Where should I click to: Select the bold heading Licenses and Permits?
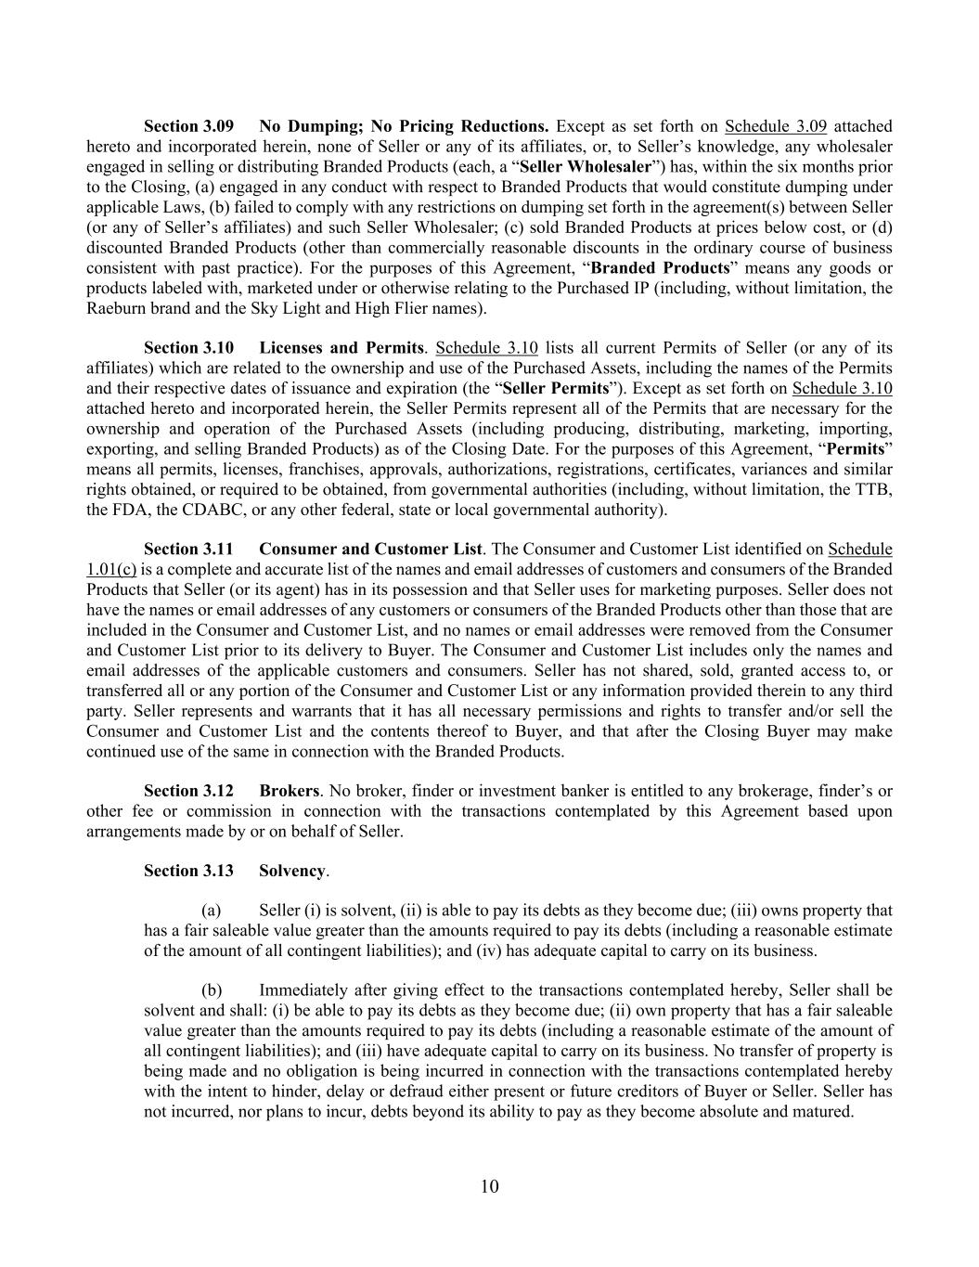(x=341, y=348)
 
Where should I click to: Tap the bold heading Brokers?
(x=289, y=791)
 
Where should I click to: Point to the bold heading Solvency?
(x=292, y=871)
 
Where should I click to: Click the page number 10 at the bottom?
(x=490, y=1186)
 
